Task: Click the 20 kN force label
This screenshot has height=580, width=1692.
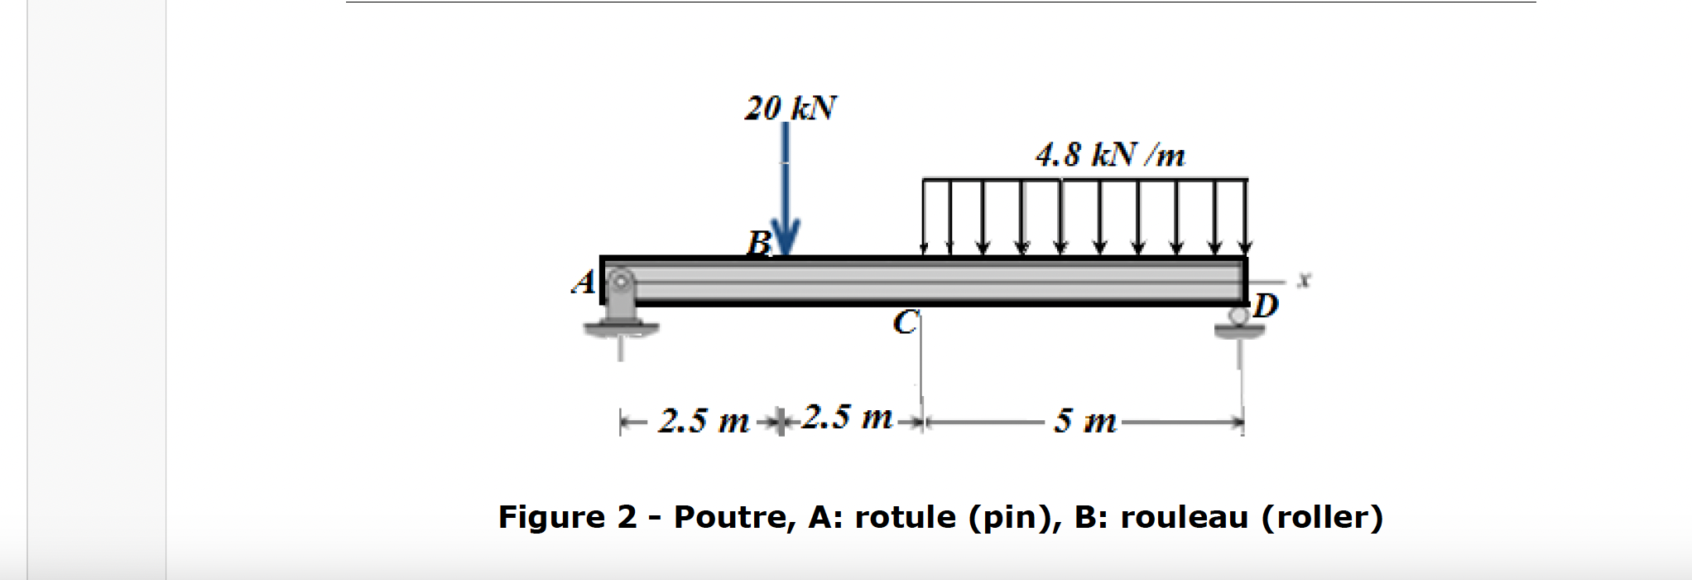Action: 790,109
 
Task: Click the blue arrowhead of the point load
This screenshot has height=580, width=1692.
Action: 785,239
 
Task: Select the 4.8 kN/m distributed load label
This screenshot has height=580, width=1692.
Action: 1109,155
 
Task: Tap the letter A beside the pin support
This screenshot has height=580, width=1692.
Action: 584,283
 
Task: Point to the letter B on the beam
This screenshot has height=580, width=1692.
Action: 758,243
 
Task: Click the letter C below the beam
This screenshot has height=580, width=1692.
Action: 905,322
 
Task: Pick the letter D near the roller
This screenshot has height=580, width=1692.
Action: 1265,306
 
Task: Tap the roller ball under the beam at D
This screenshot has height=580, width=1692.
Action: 1238,316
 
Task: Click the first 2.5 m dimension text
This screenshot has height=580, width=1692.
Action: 704,421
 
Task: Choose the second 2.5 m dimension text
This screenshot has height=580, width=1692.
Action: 847,417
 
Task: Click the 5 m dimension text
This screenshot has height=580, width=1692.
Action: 1084,421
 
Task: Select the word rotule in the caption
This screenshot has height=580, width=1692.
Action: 906,517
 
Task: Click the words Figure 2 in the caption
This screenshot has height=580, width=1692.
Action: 567,517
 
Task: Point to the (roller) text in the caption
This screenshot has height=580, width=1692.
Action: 1322,517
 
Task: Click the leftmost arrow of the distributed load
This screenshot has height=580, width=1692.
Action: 924,215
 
